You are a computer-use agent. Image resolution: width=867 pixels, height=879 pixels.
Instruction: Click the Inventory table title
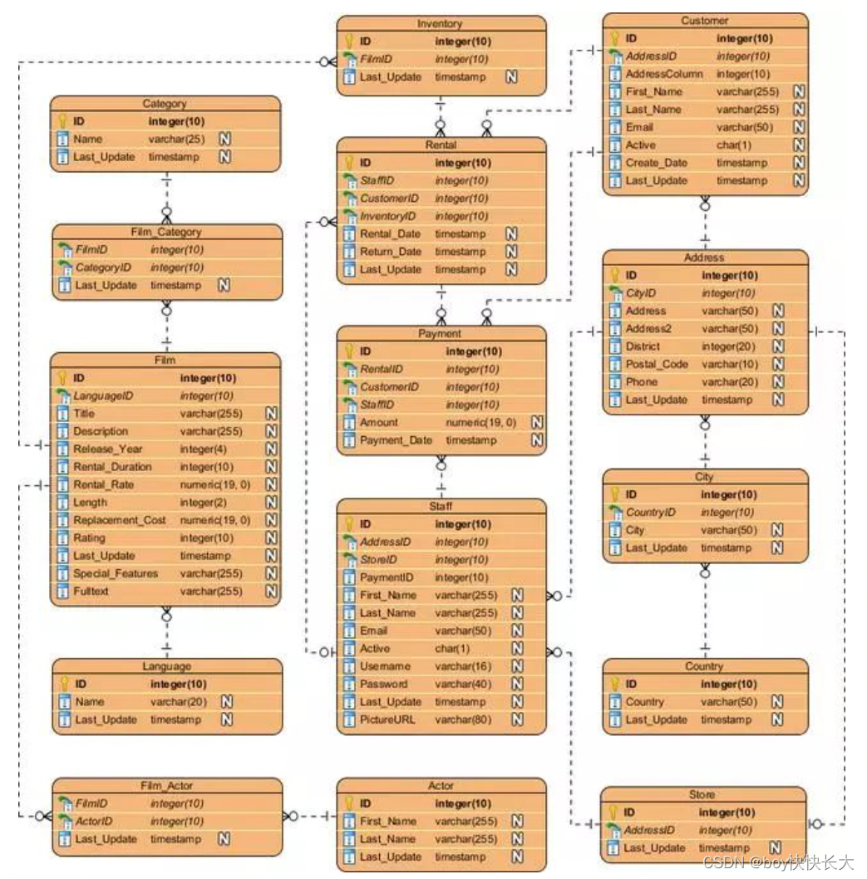441,23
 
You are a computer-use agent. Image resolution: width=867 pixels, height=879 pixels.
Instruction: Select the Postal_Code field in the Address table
657,364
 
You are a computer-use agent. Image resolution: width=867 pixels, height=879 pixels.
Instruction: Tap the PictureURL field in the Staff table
387,719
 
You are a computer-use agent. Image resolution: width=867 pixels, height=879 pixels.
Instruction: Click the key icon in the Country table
615,684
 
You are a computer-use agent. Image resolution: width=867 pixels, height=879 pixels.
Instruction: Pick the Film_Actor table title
166,786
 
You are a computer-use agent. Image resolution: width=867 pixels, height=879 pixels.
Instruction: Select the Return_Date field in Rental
391,252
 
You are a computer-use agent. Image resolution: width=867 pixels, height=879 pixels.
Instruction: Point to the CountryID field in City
651,513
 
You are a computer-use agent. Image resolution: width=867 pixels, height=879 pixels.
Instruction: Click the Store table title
702,794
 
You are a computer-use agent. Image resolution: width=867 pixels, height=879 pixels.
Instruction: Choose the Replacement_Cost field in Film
120,520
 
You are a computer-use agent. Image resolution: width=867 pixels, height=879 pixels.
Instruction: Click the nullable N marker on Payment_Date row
537,440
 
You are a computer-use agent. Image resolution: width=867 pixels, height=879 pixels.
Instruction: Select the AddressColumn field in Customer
664,74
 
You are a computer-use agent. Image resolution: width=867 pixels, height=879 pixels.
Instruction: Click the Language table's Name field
90,701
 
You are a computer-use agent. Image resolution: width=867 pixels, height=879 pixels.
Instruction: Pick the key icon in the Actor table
350,803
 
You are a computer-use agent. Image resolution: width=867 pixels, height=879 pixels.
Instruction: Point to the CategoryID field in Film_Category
103,268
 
